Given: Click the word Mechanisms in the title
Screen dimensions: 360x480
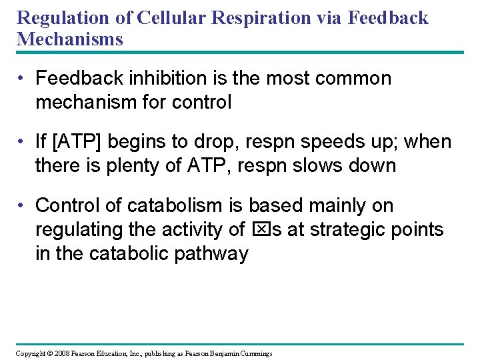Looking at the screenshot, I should (70, 39).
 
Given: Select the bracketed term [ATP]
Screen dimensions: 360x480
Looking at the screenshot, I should (79, 142).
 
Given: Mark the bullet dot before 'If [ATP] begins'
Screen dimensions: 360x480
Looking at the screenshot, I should (23, 143).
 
